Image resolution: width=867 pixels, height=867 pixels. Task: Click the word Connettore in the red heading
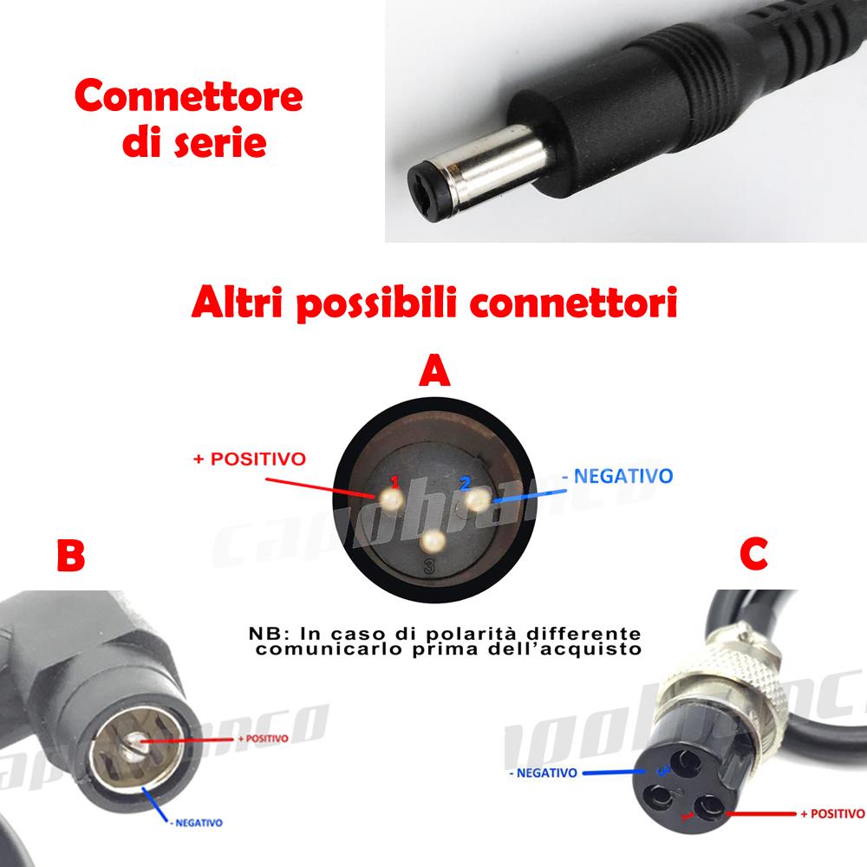pyautogui.click(x=188, y=97)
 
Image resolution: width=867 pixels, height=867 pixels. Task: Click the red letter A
pyautogui.click(x=433, y=372)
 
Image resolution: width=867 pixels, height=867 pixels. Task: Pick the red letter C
pyautogui.click(x=754, y=555)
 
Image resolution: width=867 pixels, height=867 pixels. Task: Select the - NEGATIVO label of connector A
pyautogui.click(x=617, y=475)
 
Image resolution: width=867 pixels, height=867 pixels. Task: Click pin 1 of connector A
pyautogui.click(x=388, y=498)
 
